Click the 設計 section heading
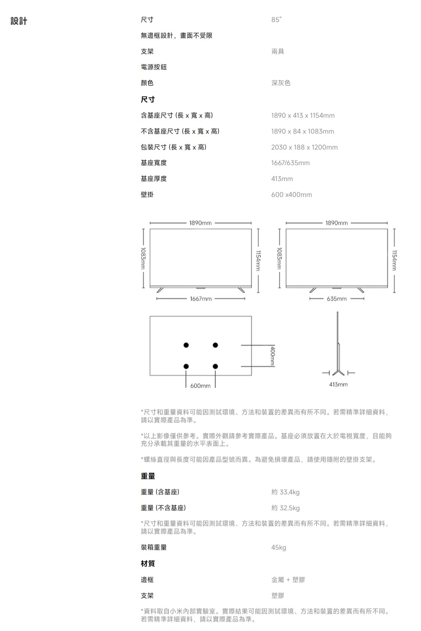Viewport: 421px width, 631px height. tap(19, 21)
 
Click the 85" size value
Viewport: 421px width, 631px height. tap(276, 20)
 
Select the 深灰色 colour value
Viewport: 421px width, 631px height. tap(281, 83)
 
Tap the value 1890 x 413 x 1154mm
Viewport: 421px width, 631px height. tap(303, 115)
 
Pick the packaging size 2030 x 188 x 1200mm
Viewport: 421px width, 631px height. tap(304, 147)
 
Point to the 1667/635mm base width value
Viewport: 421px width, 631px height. tap(290, 163)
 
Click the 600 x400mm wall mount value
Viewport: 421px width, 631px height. tap(291, 195)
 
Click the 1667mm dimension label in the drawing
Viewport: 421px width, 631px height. tap(200, 299)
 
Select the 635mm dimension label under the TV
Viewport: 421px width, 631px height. tap(336, 299)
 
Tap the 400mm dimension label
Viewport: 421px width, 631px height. tap(272, 356)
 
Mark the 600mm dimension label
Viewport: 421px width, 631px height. tap(200, 386)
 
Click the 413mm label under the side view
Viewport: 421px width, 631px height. tap(338, 385)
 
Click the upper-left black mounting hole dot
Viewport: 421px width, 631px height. tap(186, 345)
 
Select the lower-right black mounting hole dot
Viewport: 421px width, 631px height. tap(215, 366)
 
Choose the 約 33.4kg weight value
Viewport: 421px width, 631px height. tap(285, 492)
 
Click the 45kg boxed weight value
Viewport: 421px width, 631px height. tap(278, 547)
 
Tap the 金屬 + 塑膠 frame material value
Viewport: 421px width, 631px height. tap(288, 579)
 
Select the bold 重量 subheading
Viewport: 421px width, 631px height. tap(148, 476)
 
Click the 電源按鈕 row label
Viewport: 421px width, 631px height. tap(154, 67)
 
